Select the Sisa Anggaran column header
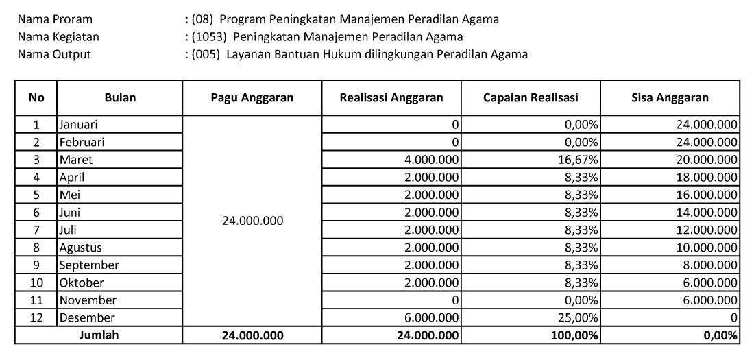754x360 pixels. [x=670, y=97]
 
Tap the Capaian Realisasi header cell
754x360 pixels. [x=531, y=97]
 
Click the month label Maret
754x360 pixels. [x=75, y=160]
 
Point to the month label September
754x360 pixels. [x=88, y=265]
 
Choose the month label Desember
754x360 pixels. [x=86, y=317]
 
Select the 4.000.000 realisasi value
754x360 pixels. [x=433, y=160]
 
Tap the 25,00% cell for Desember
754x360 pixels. [x=581, y=317]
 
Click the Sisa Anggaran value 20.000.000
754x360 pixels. [x=705, y=160]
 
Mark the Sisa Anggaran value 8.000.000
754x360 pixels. [x=709, y=265]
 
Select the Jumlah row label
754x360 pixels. [x=99, y=335]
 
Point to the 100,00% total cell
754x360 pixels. [x=576, y=335]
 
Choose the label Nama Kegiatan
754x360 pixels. [x=58, y=36]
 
